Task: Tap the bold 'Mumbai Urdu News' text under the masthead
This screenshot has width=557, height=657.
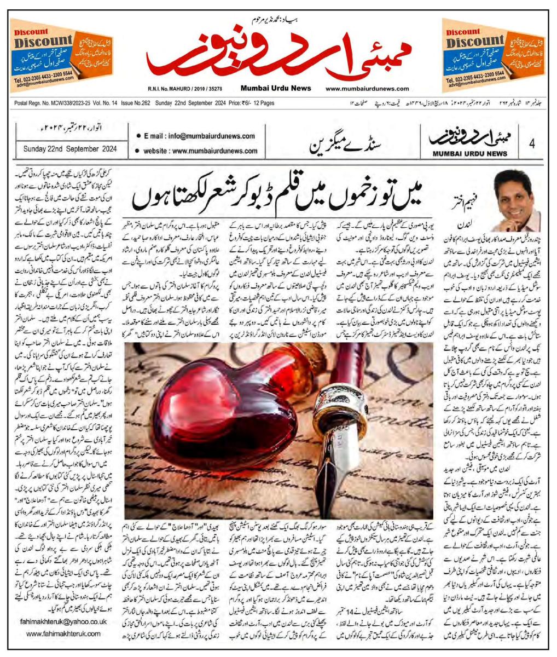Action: [x=275, y=89]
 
